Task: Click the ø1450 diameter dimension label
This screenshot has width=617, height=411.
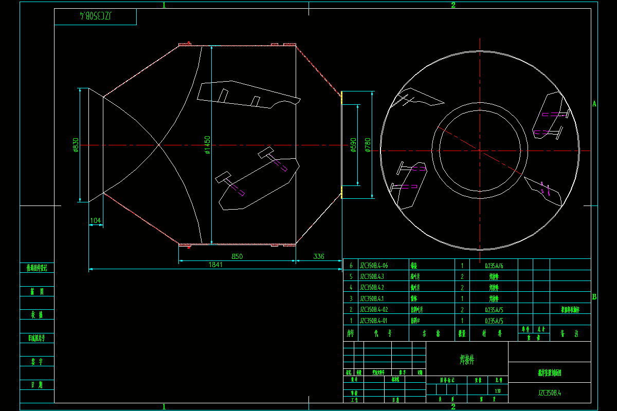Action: pos(207,145)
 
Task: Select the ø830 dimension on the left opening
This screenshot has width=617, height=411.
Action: pos(76,145)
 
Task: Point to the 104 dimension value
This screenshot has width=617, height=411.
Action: pos(96,220)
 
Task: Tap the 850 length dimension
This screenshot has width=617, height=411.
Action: pos(237,256)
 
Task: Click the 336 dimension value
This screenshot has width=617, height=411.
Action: pos(319,256)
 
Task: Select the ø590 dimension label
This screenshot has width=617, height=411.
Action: pos(353,145)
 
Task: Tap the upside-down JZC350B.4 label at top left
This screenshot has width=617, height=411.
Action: pos(96,16)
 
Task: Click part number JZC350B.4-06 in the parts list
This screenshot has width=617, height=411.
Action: pos(374,266)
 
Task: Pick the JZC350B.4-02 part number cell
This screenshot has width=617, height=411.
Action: pos(374,310)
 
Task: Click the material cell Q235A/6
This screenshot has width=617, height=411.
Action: pos(494,266)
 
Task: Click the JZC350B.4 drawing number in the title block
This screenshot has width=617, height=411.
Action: pos(550,393)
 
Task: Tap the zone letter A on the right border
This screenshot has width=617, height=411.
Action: pos(594,104)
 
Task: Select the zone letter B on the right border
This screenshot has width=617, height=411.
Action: pos(594,296)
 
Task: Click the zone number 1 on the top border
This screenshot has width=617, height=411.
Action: pos(165,5)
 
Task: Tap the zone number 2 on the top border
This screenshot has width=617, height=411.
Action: pos(453,5)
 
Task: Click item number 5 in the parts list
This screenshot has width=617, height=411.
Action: pos(351,277)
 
